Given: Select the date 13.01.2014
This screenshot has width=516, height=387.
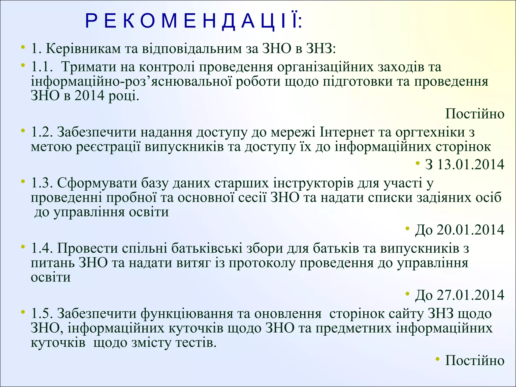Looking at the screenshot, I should click(x=470, y=165).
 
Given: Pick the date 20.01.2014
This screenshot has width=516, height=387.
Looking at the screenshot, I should click(x=470, y=230).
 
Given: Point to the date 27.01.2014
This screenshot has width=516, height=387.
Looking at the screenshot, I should click(x=470, y=295).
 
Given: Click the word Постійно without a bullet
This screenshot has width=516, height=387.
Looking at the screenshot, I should click(x=475, y=114).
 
